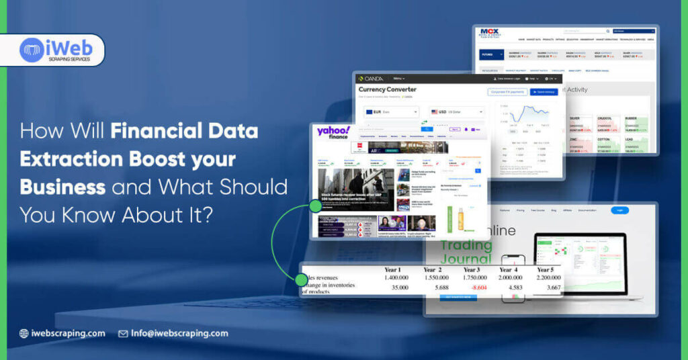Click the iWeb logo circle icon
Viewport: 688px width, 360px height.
coord(32,50)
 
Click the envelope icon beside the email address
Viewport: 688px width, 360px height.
coord(123,333)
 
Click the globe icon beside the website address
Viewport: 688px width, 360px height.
coord(24,333)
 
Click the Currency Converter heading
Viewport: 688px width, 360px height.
coord(388,89)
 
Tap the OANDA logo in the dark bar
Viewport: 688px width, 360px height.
coord(371,79)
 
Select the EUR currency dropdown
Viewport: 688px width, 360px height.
coord(391,112)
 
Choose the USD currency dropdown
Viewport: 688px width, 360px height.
coord(457,112)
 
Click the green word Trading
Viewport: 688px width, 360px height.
coord(465,245)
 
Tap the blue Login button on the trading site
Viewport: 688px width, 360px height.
coord(619,210)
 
